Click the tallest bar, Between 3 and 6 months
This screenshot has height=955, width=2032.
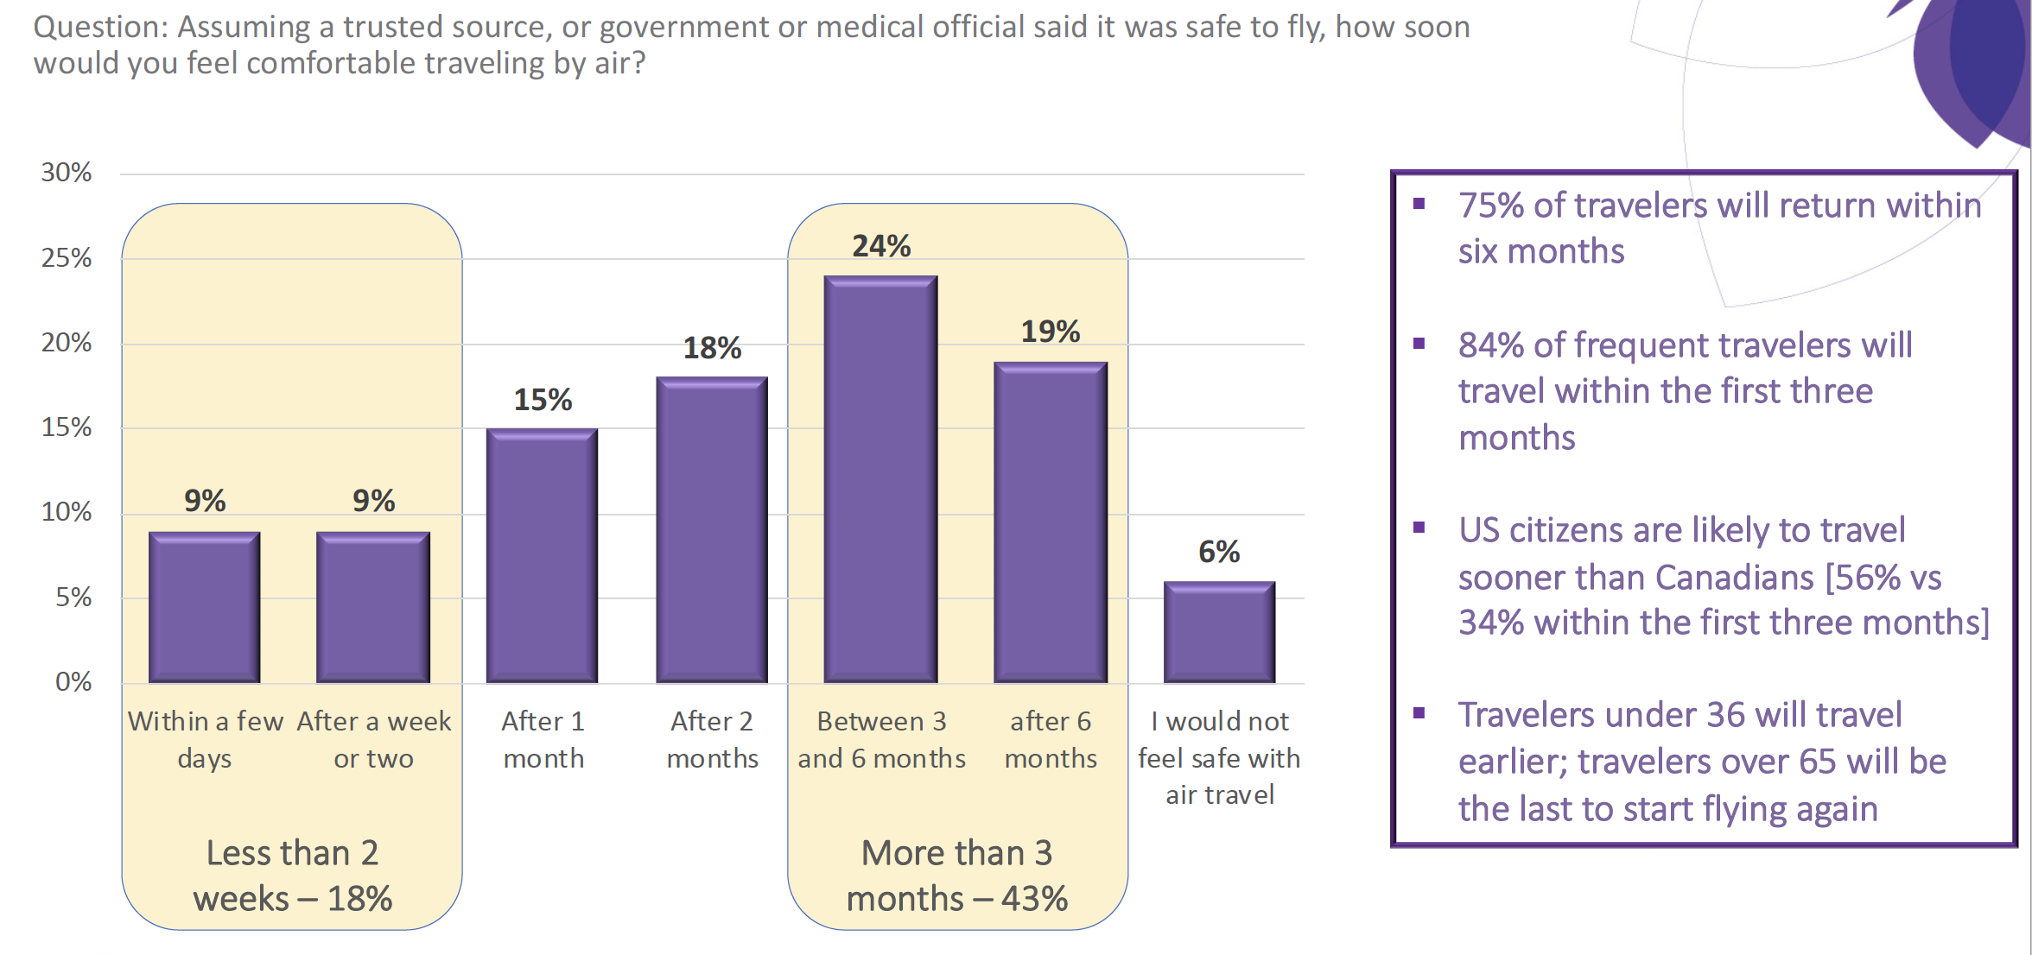[880, 479]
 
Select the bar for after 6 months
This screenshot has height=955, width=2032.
[1051, 522]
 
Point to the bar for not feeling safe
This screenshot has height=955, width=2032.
[1219, 632]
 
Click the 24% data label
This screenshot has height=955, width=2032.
[881, 246]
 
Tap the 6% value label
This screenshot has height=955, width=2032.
[1219, 552]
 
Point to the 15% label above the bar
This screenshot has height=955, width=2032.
[543, 400]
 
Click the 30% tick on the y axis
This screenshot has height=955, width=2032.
[67, 173]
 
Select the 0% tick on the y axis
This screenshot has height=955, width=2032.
[73, 682]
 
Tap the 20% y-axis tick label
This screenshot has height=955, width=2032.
[67, 343]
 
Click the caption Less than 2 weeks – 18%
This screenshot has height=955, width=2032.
[292, 876]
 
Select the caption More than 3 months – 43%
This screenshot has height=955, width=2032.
[957, 876]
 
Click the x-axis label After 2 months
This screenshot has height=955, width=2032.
[712, 739]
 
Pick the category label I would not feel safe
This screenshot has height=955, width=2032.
[1219, 757]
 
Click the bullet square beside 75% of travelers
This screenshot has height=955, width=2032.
[1419, 205]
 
